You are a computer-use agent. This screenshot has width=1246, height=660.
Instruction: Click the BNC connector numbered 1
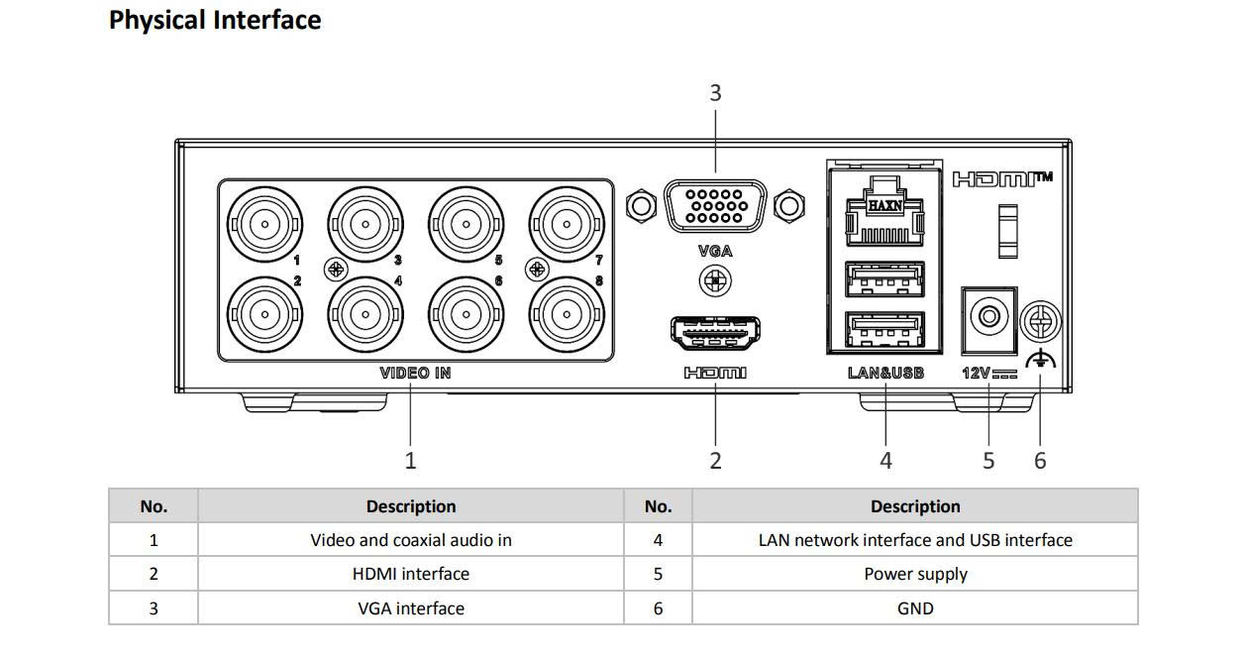tap(264, 224)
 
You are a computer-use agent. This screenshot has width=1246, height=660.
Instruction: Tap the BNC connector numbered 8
tap(566, 315)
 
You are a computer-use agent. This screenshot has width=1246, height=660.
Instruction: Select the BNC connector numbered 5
tap(465, 224)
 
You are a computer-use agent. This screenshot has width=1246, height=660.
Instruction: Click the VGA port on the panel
tap(715, 206)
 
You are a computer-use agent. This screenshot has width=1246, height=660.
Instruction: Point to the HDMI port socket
tap(715, 333)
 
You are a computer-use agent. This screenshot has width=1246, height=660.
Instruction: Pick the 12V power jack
tap(988, 318)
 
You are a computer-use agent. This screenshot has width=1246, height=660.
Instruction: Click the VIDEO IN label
tap(415, 373)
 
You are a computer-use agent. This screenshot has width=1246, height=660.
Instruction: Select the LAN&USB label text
tap(885, 373)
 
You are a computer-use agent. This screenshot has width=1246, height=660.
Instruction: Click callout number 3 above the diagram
tap(715, 93)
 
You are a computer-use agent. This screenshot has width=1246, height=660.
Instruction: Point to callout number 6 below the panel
tap(1040, 461)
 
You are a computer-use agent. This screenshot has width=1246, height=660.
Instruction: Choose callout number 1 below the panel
tap(410, 461)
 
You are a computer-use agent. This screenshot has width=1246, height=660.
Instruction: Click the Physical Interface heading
tap(215, 20)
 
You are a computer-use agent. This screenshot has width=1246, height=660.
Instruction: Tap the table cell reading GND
tap(915, 607)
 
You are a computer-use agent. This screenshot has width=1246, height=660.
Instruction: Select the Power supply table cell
tap(915, 574)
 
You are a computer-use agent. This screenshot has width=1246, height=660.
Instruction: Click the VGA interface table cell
tap(410, 607)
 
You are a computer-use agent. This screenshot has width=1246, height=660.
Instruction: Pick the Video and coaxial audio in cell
tap(410, 540)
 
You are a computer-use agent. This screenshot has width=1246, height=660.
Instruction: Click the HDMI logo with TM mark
tap(1001, 179)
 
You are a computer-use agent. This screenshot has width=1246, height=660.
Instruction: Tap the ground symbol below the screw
tap(1041, 361)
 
